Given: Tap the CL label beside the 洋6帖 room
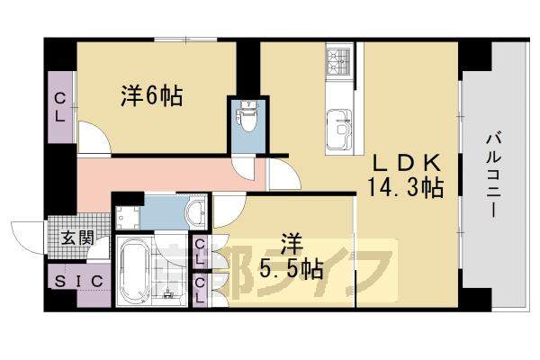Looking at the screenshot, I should (x=60, y=107).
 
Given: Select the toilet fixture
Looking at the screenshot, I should (x=247, y=118).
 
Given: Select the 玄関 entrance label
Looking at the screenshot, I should (x=77, y=238).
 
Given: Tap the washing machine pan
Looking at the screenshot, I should (x=126, y=217).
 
